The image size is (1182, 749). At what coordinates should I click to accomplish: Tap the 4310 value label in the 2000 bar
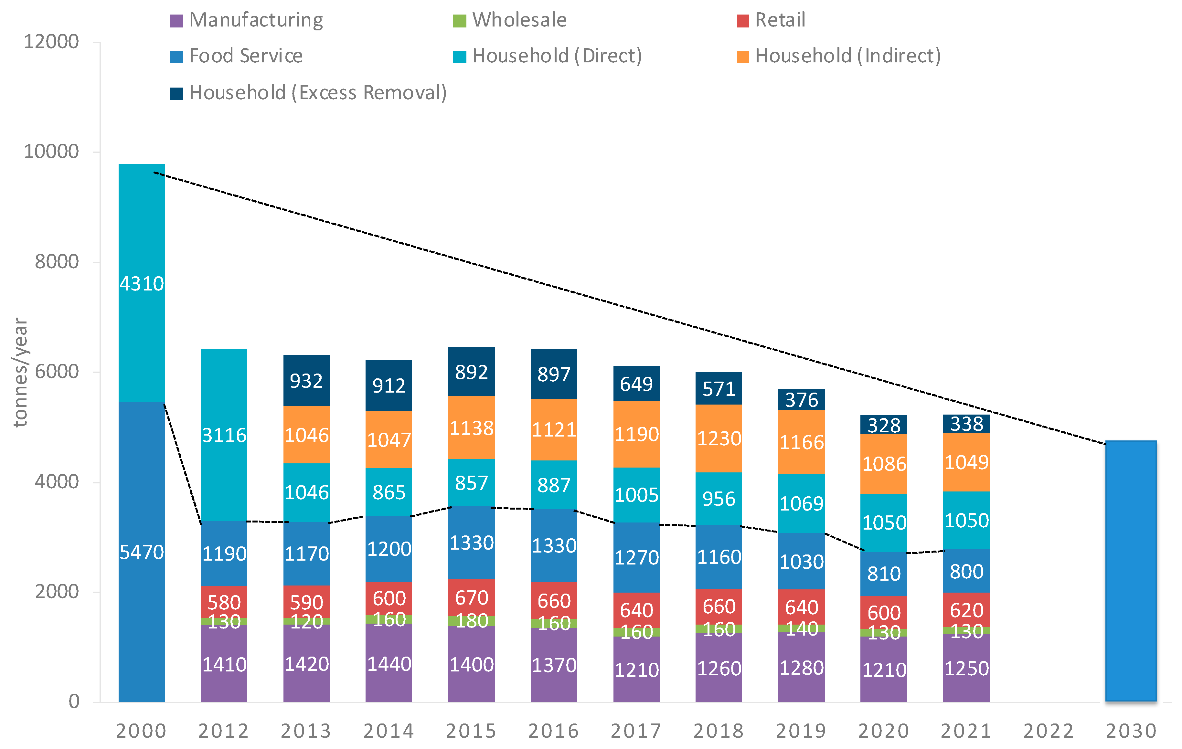142,284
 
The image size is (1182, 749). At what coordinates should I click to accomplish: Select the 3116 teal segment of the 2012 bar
224,435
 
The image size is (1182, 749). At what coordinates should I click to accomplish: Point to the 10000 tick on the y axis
51,152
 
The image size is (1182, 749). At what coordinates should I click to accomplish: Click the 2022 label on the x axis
1049,731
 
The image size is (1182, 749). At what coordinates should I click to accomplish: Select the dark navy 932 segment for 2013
306,381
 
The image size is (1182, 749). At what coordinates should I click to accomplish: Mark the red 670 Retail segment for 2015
471,598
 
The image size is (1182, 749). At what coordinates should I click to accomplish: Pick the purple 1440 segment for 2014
389,664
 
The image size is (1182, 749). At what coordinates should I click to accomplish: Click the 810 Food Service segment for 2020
884,573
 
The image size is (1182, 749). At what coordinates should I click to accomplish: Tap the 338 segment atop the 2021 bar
966,424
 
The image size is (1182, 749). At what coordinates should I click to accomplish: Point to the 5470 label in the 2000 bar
142,553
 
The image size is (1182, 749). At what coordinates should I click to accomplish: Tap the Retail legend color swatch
743,21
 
